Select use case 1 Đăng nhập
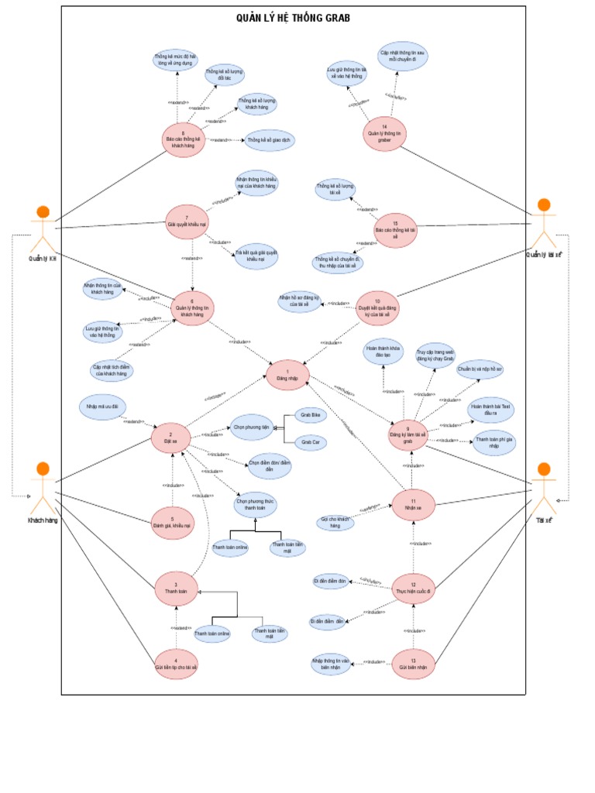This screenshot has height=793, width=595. (287, 375)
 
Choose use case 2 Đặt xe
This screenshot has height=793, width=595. (171, 438)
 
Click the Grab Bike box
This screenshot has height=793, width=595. (310, 416)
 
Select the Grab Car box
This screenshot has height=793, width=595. (310, 441)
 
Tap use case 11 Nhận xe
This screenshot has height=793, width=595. (413, 506)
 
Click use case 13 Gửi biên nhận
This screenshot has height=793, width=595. (413, 664)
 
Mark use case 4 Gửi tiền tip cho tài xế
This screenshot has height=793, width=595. (176, 664)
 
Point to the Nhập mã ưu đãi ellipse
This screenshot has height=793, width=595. (101, 407)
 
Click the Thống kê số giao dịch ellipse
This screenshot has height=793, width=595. (270, 140)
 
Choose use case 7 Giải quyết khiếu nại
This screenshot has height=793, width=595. (187, 221)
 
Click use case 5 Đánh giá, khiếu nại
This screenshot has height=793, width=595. (171, 523)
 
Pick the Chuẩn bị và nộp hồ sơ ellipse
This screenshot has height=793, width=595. (480, 369)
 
